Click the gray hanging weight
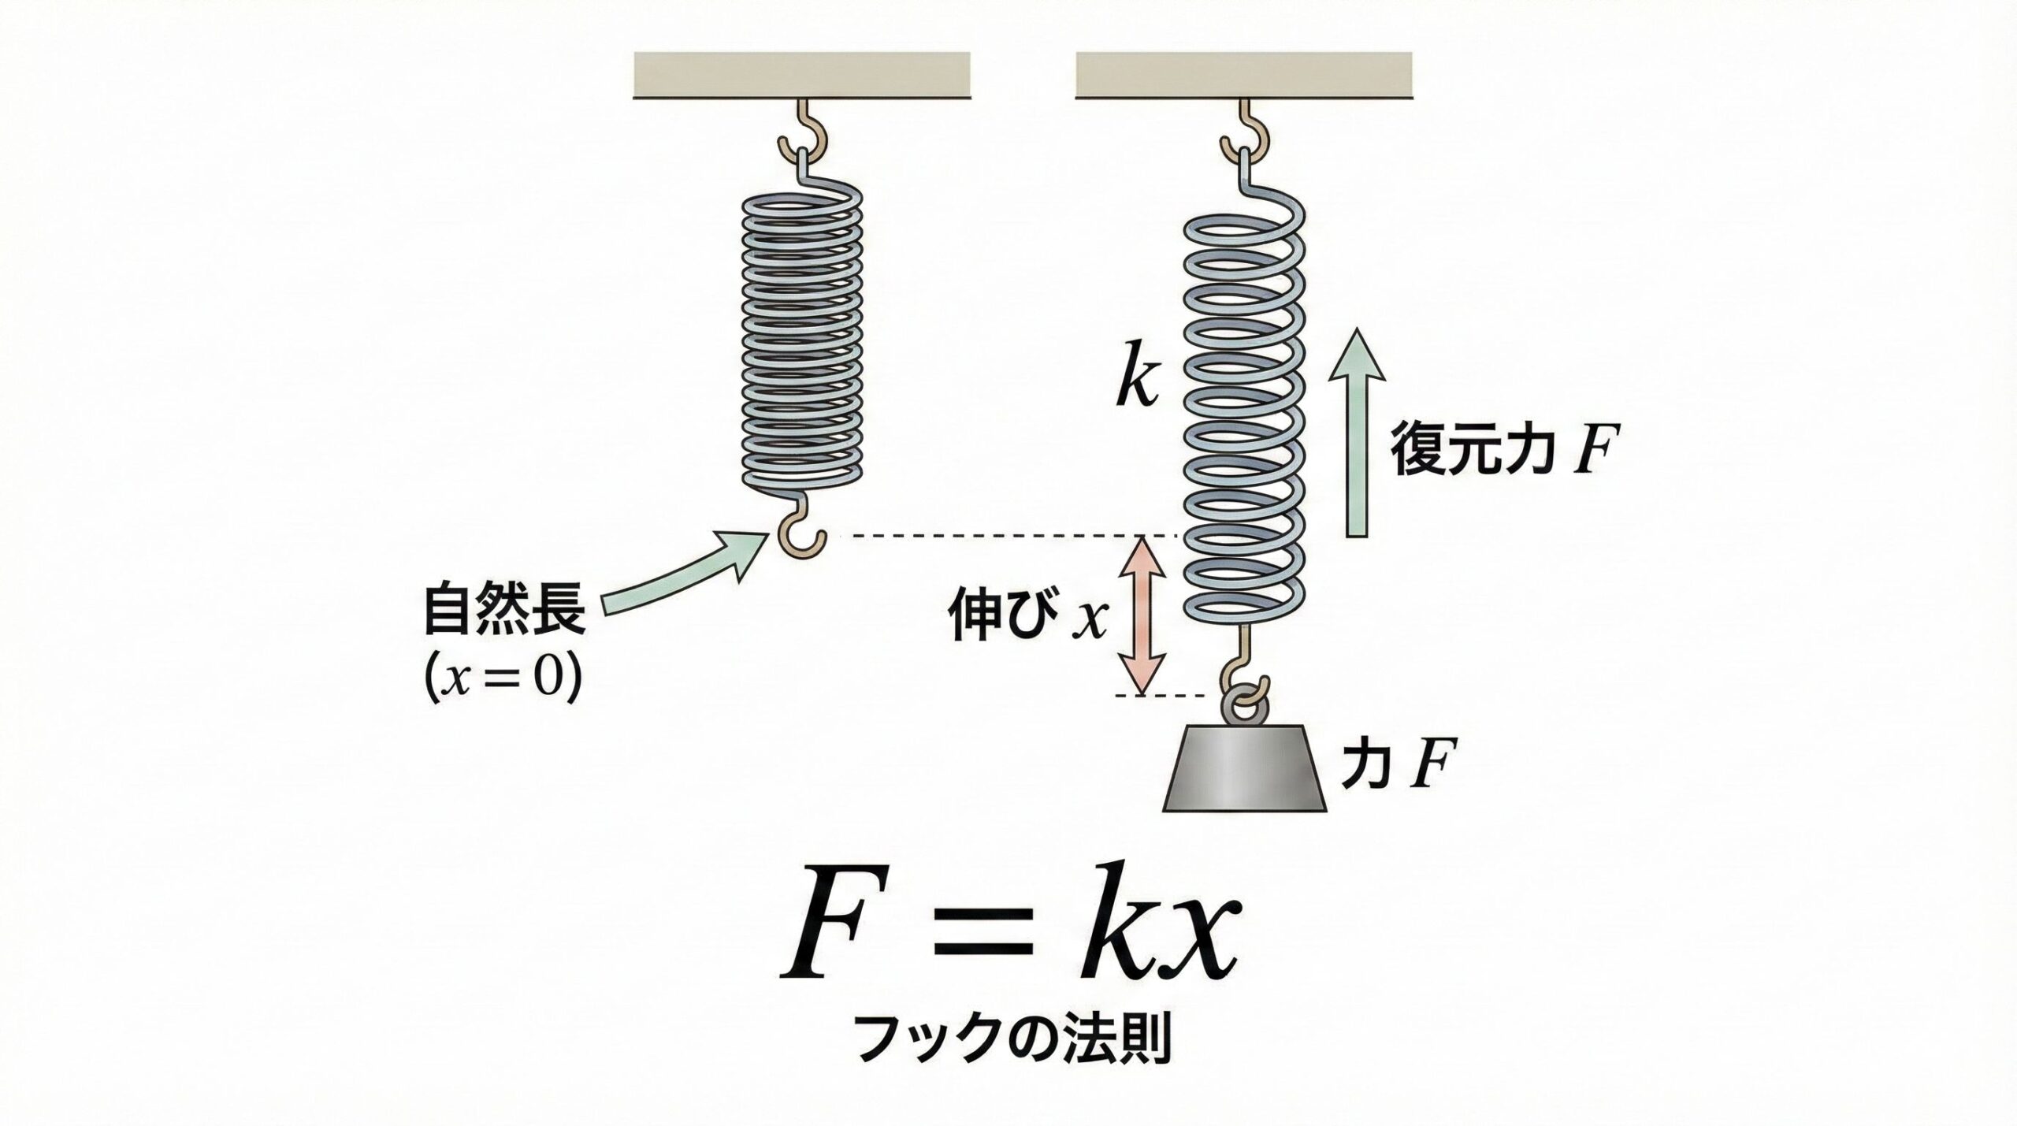1246,768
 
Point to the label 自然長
505,610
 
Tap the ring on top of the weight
1245,701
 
